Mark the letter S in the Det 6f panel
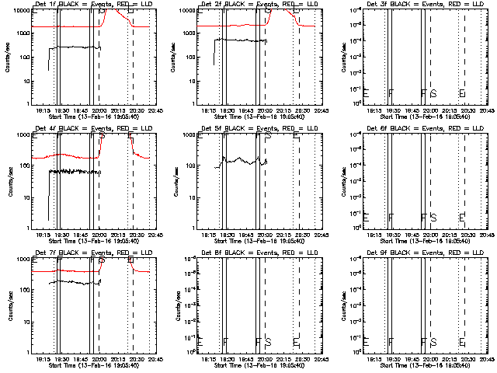click(x=433, y=218)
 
